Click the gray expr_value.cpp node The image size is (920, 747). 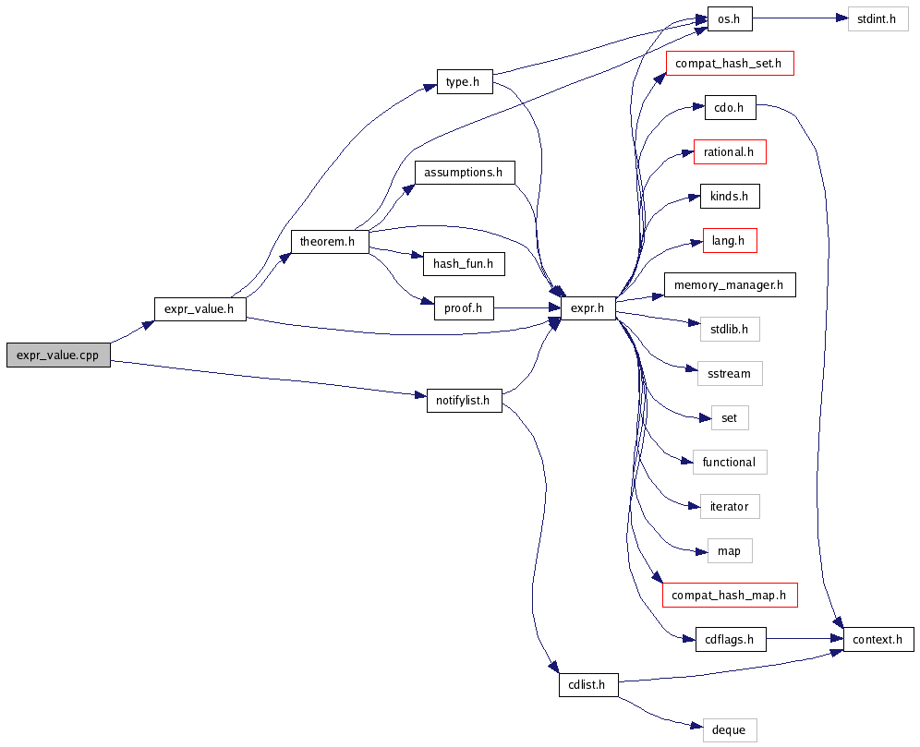pos(57,355)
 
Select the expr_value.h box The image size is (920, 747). pos(200,309)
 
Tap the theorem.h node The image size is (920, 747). pos(330,242)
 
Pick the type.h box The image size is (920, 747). pos(464,82)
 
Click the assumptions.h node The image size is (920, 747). pos(464,172)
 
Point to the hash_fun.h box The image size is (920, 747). pos(464,264)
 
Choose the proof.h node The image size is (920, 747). pos(464,308)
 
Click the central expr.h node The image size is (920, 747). pos(587,308)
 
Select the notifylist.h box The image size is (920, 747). pos(464,401)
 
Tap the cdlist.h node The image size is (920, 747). pos(587,684)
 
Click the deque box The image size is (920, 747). pos(729,729)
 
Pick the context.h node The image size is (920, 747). pos(877,639)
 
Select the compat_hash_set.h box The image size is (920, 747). pos(729,64)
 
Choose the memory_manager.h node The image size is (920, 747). pos(729,285)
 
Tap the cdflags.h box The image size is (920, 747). pos(729,639)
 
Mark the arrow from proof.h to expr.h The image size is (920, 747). pos(527,308)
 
